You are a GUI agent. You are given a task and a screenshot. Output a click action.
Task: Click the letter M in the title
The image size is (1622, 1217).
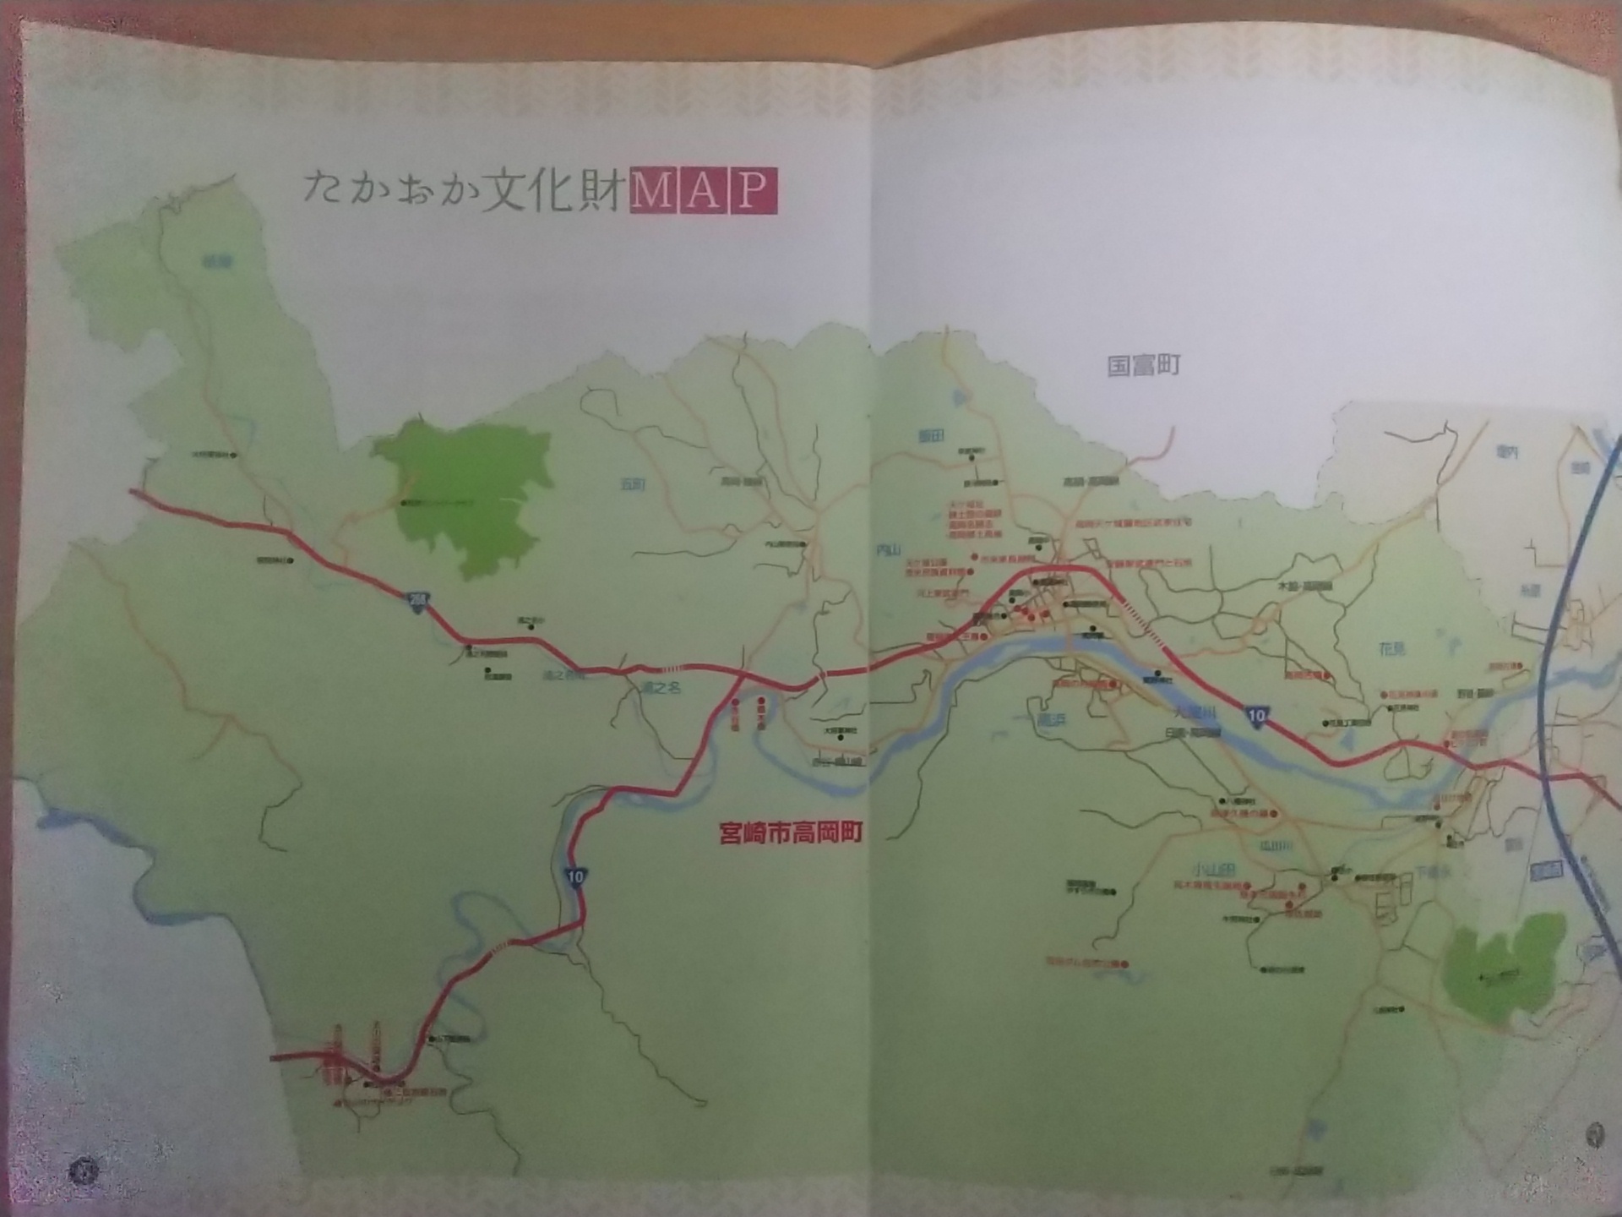[651, 192]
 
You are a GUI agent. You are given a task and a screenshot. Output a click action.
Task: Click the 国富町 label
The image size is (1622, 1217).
[1143, 366]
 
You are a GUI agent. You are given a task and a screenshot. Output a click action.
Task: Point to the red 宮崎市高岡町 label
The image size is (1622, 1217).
[791, 833]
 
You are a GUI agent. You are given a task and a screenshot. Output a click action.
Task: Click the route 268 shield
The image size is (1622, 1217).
[418, 602]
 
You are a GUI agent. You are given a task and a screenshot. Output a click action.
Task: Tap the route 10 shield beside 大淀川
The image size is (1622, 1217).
[1257, 716]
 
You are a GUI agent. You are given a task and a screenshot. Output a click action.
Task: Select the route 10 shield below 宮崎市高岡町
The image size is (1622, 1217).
[575, 876]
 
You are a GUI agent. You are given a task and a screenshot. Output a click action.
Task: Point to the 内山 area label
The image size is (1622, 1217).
[888, 551]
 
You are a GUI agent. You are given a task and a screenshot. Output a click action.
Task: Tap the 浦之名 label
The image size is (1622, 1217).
[661, 688]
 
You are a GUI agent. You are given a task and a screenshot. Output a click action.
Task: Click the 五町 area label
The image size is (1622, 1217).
[632, 484]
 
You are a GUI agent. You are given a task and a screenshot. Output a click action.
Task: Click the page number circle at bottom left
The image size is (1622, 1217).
[85, 1171]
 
